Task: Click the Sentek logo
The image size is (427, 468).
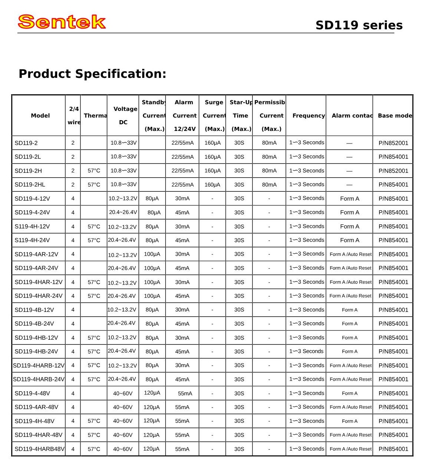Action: click(62, 22)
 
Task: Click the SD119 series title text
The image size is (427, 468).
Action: click(359, 25)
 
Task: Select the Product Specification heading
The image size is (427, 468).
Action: click(92, 74)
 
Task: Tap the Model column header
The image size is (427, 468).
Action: click(40, 116)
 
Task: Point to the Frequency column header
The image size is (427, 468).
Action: click(308, 116)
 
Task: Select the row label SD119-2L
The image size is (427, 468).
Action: click(27, 157)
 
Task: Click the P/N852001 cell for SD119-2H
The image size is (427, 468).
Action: click(393, 171)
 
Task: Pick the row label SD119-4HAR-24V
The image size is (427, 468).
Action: click(39, 296)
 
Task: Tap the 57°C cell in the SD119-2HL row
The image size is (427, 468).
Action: click(94, 185)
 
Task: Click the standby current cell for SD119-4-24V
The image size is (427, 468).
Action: click(154, 212)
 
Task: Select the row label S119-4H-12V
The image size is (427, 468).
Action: click(32, 227)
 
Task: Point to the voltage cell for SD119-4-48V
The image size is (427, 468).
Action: click(123, 393)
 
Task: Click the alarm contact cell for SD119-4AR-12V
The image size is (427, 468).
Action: click(351, 254)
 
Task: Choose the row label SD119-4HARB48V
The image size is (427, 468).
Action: click(39, 449)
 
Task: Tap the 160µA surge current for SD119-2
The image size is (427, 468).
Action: click(213, 143)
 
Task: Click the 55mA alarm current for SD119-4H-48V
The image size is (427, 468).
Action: click(182, 421)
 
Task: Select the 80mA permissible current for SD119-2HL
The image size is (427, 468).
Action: click(269, 185)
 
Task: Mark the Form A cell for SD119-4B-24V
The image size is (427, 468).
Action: click(350, 324)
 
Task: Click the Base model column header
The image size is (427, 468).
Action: click(394, 116)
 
